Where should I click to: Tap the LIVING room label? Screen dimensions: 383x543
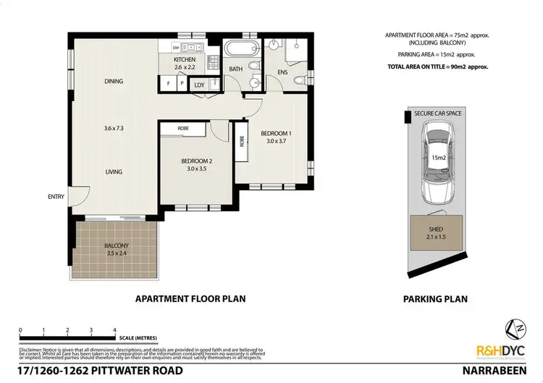point(112,172)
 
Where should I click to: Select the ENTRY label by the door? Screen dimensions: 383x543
point(56,197)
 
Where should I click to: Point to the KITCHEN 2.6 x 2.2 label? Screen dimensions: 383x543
point(185,64)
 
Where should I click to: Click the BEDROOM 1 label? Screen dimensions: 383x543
point(276,137)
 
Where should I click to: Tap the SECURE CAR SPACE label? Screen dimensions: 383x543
point(438,114)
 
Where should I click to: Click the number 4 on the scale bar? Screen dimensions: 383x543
point(115,330)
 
